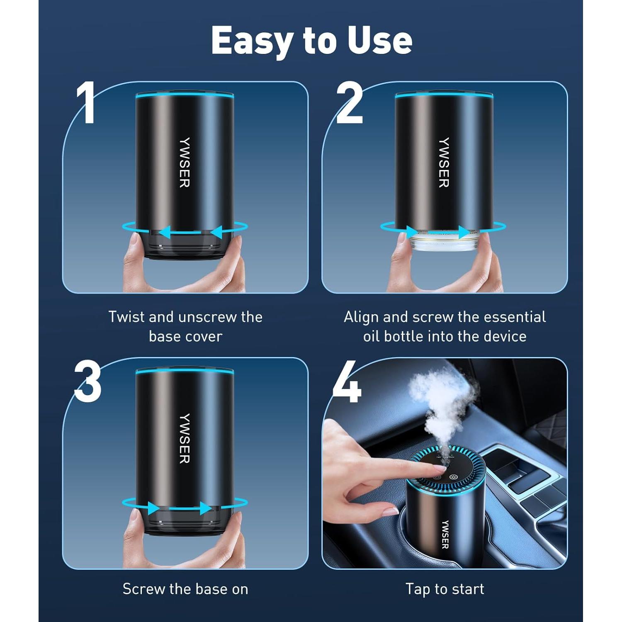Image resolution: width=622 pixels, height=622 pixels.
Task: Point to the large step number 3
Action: tap(88, 381)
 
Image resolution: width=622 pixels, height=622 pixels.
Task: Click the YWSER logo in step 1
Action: tap(185, 162)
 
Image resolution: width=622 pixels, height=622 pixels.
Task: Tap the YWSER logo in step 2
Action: tap(444, 162)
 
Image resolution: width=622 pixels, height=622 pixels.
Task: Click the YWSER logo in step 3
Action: tap(185, 438)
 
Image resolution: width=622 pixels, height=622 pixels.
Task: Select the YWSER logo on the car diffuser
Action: tap(445, 535)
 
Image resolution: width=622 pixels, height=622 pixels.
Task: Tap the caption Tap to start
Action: tap(445, 589)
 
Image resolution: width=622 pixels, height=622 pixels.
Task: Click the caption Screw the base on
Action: tap(185, 589)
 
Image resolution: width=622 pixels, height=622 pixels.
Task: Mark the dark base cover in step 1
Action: tap(185, 245)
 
